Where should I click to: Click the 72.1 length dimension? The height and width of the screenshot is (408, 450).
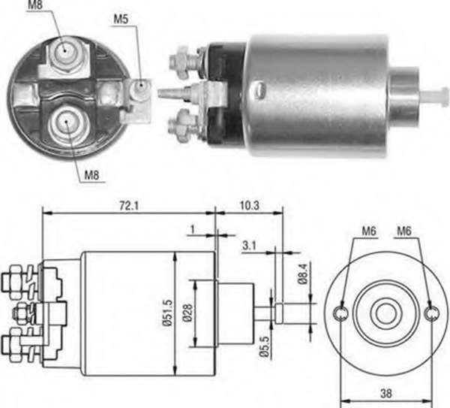coord(129,206)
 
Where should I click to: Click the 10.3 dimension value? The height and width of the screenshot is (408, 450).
coord(250,206)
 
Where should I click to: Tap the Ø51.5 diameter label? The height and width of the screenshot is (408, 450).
coord(169,313)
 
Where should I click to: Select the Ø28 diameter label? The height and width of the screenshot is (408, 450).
coord(187,313)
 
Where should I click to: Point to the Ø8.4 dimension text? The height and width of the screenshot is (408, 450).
coord(303,274)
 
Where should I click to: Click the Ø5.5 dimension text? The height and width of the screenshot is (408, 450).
coord(265,347)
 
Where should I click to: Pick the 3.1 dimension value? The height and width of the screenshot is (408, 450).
coord(249,246)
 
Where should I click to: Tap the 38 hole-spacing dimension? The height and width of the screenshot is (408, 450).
coord(386,394)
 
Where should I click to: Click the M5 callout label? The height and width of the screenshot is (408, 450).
coord(121,19)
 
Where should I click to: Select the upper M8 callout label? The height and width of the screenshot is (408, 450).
coord(35,5)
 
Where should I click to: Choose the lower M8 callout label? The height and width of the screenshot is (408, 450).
coord(91,174)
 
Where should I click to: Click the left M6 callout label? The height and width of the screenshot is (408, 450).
coord(369,231)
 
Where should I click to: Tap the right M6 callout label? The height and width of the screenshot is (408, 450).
coord(404,231)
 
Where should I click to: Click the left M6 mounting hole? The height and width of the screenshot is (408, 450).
coord(340,313)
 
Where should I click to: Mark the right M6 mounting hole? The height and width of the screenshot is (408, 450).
coord(432,313)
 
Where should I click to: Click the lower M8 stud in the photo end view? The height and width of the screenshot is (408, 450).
coord(67,122)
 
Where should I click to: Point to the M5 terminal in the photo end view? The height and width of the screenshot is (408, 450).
coord(140,86)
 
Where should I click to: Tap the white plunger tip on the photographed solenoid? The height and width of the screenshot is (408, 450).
coord(434,95)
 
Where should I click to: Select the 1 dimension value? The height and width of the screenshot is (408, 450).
coord(192,229)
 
